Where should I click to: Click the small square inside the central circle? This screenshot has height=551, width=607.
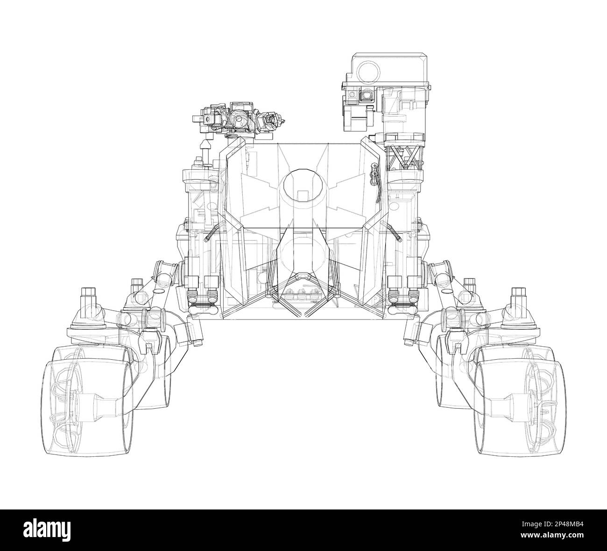pyautogui.click(x=303, y=195)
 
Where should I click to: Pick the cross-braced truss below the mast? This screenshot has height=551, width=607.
pyautogui.click(x=404, y=159)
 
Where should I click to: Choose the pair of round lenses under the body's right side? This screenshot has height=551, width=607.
pyautogui.click(x=402, y=297)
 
